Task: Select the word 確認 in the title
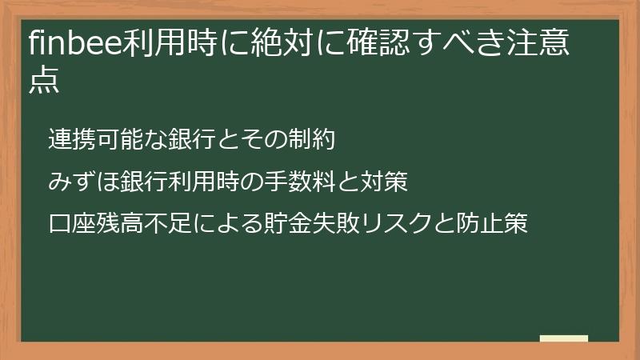pos(381,44)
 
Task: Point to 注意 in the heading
pos(540,44)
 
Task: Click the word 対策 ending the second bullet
pos(385,182)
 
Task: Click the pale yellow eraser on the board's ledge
pos(564,338)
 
